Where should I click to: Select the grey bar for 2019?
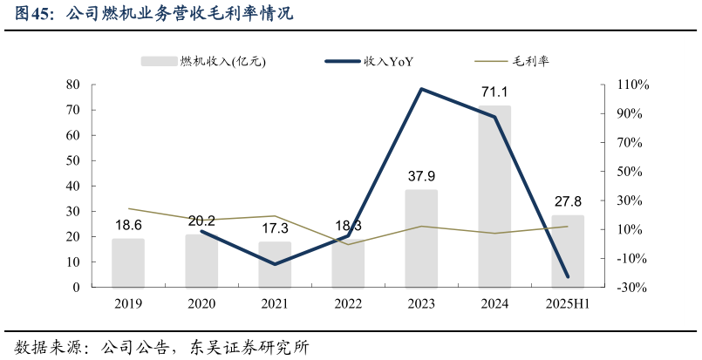coord(128,263)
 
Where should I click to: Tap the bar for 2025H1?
coord(568,251)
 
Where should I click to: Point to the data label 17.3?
coord(275,228)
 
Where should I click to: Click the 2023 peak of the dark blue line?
coord(421,89)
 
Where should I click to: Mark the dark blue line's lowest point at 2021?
coord(275,264)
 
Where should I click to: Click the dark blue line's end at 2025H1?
coord(568,276)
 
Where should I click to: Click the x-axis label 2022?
coord(348,303)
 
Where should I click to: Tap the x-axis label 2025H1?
coord(568,303)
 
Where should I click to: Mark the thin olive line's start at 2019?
coord(128,208)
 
